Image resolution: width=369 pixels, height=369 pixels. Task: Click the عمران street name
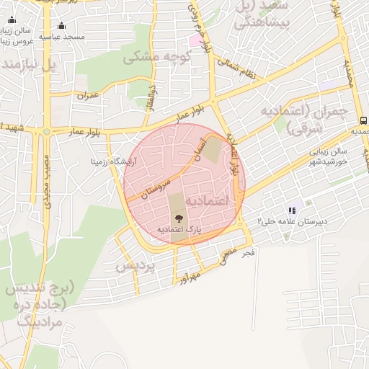[86, 94]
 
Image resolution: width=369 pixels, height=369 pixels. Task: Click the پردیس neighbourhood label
[135, 266]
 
